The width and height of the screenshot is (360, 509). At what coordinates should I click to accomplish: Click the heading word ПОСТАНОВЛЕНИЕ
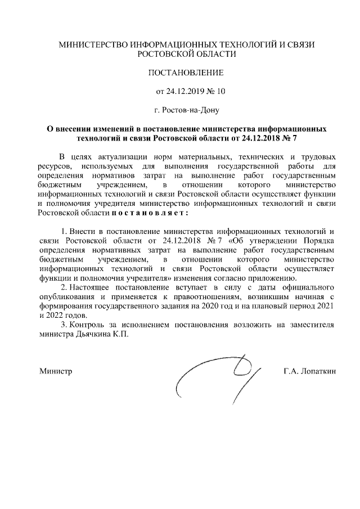pyautogui.click(x=186, y=73)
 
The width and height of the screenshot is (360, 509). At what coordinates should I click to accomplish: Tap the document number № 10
pyautogui.click(x=216, y=91)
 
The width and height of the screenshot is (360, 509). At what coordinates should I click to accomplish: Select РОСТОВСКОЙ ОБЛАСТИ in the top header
pyautogui.click(x=187, y=54)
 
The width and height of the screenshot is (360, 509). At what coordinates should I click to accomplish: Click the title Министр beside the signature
pyautogui.click(x=56, y=372)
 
